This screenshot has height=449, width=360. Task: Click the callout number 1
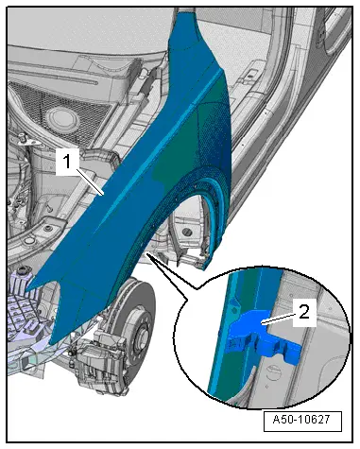[x=67, y=162]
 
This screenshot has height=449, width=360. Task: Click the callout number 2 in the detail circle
[x=304, y=312]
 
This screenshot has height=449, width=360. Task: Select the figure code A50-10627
[x=301, y=420]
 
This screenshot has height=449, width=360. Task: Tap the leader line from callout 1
[x=90, y=182]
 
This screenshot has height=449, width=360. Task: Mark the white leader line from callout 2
[x=278, y=318]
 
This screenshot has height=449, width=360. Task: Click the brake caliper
[x=101, y=362]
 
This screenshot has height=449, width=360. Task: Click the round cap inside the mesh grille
[x=61, y=119]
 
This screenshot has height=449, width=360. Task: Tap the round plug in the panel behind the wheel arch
[x=188, y=232]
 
